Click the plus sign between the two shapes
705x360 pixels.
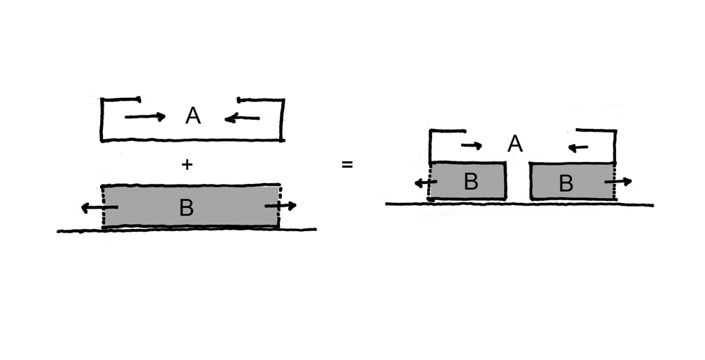click(187, 165)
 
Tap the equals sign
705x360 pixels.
click(347, 165)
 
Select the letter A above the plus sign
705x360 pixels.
click(193, 116)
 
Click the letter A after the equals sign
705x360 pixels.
click(515, 144)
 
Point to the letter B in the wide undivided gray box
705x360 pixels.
click(186, 208)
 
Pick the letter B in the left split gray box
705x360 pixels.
click(470, 182)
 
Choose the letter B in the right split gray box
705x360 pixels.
click(565, 183)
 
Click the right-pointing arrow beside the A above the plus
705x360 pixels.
click(145, 117)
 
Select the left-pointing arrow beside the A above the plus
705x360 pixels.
click(242, 118)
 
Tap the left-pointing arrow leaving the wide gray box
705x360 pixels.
click(99, 208)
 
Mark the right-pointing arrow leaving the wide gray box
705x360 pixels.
click(281, 206)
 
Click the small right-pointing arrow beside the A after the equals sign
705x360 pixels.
click(472, 146)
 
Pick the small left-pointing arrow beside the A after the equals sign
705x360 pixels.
click(578, 147)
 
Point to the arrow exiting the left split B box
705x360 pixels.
click(426, 183)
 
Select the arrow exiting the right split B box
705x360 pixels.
click(618, 182)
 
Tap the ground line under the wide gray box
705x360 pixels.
click(187, 230)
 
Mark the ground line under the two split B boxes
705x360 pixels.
click(520, 204)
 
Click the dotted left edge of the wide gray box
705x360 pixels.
click(104, 206)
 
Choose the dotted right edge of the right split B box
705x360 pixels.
click(614, 181)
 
